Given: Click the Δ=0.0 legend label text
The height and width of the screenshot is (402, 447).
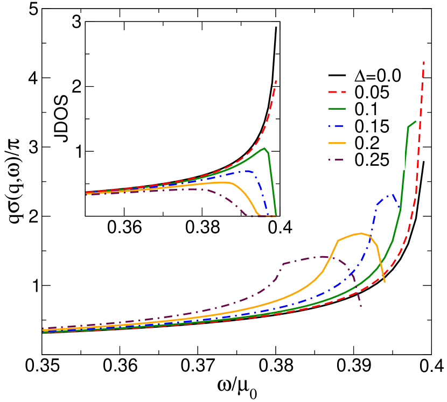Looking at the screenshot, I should tap(378, 76).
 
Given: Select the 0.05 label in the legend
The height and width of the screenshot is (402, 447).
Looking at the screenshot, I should tap(372, 93).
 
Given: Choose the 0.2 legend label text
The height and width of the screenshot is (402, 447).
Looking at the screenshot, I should tap(366, 143).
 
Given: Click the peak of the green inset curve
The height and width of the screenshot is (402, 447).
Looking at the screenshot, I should tap(264, 148).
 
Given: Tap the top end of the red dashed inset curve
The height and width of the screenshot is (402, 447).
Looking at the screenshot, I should tap(276, 80).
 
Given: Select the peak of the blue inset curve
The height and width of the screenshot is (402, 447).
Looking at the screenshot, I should tap(248, 171).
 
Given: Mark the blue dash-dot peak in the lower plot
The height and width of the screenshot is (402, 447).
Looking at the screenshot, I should tap(394, 195).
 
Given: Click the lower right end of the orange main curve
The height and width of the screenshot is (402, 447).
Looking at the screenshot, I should tap(385, 281).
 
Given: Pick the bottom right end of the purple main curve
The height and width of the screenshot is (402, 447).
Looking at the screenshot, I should tap(361, 306).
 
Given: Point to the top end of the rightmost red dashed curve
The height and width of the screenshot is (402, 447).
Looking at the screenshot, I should tap(424, 61).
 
